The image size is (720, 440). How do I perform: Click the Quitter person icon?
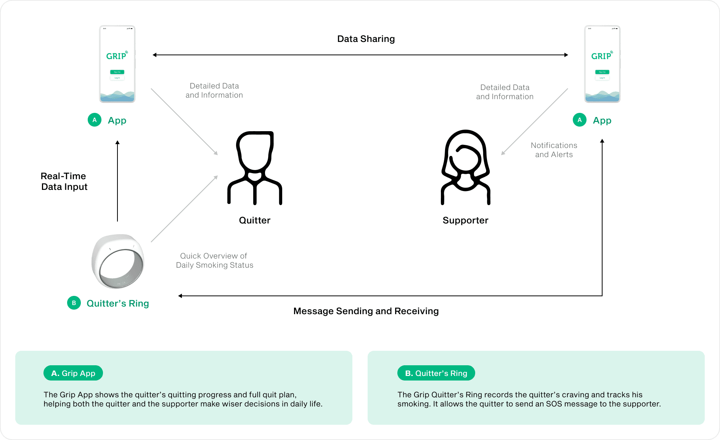(x=254, y=168)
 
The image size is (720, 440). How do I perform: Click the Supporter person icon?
(x=465, y=168)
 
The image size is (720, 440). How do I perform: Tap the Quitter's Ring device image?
(x=118, y=262)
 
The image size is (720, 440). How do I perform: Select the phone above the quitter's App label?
(x=117, y=64)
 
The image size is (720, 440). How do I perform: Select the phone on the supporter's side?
(x=602, y=64)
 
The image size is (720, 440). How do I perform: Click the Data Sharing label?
(x=366, y=39)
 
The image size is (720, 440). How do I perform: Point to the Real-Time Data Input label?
(x=64, y=181)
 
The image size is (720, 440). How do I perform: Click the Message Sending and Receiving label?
(x=366, y=311)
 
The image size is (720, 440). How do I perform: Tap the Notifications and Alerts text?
(x=554, y=150)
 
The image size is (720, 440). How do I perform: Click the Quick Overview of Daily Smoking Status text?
(x=214, y=260)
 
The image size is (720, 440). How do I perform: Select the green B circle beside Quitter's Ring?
(x=74, y=303)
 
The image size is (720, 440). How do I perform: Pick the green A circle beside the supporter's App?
(x=579, y=120)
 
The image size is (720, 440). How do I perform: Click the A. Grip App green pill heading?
(x=73, y=373)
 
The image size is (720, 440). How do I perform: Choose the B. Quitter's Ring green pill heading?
(x=436, y=373)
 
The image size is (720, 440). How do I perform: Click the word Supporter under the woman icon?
(x=465, y=220)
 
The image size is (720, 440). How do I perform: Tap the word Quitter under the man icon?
(x=254, y=220)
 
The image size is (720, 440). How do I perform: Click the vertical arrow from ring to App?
(x=117, y=181)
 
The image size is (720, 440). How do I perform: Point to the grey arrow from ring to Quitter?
(x=184, y=209)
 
